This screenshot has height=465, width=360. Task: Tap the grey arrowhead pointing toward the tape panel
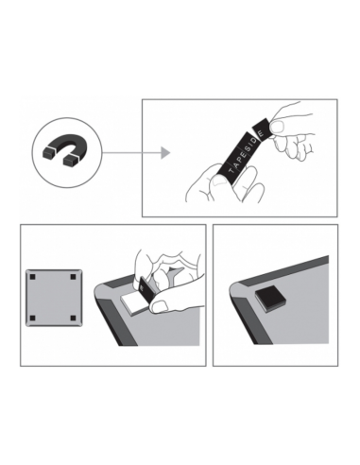[x=165, y=153]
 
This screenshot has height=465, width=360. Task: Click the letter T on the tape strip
[x=232, y=171]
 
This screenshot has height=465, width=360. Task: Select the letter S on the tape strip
[x=248, y=148]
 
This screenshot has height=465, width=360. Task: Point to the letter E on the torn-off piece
[x=261, y=133]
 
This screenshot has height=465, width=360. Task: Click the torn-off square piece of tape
[x=262, y=129]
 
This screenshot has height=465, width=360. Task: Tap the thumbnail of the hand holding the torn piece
[x=278, y=127]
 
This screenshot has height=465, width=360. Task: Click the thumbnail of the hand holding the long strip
[x=219, y=180]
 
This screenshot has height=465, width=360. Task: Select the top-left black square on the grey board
[x=32, y=277]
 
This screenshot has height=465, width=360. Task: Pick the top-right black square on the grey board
[x=73, y=277]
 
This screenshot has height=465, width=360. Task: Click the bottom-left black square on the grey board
[x=32, y=318]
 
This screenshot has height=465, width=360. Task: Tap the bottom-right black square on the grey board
[x=73, y=318]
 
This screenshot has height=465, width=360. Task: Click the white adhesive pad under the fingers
[x=133, y=303]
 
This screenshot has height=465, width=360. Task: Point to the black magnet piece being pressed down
[x=146, y=289]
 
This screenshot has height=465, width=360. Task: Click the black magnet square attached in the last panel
[x=270, y=298]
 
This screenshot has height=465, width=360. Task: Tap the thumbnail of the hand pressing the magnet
[x=160, y=306]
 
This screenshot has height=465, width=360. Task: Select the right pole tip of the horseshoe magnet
[x=70, y=161]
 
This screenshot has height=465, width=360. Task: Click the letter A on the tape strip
[x=237, y=164]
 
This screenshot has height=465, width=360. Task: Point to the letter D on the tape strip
[x=255, y=141]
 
